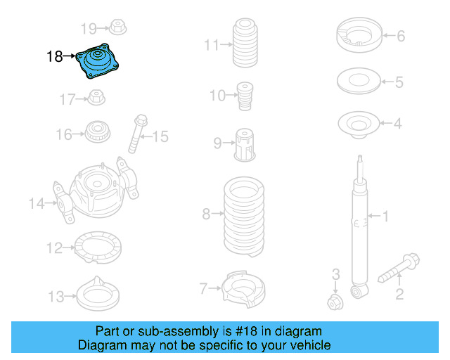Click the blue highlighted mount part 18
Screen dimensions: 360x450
click(x=100, y=62)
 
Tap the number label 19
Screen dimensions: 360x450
click(x=89, y=29)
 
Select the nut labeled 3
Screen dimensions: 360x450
click(x=335, y=302)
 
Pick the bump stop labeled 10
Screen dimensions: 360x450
click(x=245, y=95)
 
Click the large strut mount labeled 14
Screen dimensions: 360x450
click(x=98, y=192)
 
